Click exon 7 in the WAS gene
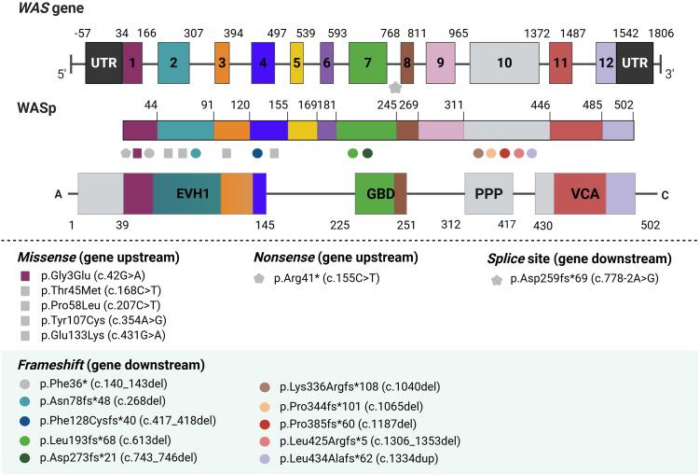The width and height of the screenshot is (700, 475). click(x=368, y=63)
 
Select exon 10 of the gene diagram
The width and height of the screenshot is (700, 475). click(x=504, y=63)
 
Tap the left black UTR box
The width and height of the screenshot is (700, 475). click(x=103, y=63)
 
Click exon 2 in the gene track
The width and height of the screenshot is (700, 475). click(x=173, y=63)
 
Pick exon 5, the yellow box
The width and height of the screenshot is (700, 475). click(x=296, y=63)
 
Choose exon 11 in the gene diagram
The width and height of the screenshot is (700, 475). click(x=560, y=63)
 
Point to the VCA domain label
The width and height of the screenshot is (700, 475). click(x=584, y=194)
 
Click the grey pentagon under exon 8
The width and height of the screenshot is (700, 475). click(x=395, y=87)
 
